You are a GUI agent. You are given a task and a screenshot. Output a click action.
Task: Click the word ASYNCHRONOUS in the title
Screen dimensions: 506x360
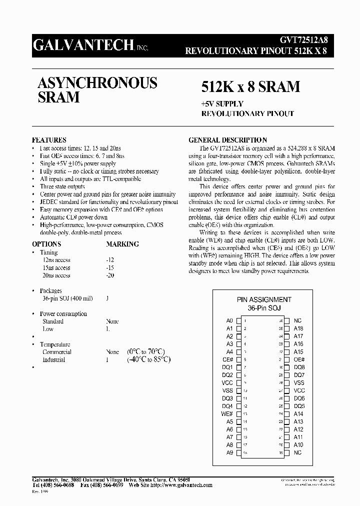(97, 82)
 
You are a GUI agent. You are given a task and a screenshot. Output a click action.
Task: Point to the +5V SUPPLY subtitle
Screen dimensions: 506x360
(222, 104)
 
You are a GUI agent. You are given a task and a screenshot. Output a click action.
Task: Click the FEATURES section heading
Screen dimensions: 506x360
(49, 140)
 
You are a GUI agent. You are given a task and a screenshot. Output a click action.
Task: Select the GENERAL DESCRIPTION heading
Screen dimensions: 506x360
(227, 140)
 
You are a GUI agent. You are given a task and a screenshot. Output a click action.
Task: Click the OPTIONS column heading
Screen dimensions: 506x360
(46, 244)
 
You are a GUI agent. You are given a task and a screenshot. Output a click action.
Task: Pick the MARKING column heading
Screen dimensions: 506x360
(122, 244)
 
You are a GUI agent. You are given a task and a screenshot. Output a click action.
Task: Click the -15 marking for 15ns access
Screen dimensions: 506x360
(110, 268)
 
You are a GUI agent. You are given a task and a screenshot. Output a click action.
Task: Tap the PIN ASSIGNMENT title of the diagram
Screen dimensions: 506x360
(264, 299)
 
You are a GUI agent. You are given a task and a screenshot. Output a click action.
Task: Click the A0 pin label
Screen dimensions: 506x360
(229, 320)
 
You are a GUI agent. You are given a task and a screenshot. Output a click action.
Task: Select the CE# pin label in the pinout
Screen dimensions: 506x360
(228, 359)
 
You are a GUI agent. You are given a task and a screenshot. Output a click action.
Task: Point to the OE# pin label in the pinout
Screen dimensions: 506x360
(299, 359)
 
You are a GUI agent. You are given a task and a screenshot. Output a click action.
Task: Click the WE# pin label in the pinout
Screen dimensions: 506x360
(227, 414)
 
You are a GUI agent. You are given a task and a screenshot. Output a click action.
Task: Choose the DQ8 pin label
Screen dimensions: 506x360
(299, 367)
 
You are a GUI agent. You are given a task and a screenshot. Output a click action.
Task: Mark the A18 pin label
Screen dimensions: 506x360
(298, 328)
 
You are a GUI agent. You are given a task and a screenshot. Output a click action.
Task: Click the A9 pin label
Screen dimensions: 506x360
(229, 453)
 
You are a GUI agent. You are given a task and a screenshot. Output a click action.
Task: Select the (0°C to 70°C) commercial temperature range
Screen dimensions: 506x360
(146, 352)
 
